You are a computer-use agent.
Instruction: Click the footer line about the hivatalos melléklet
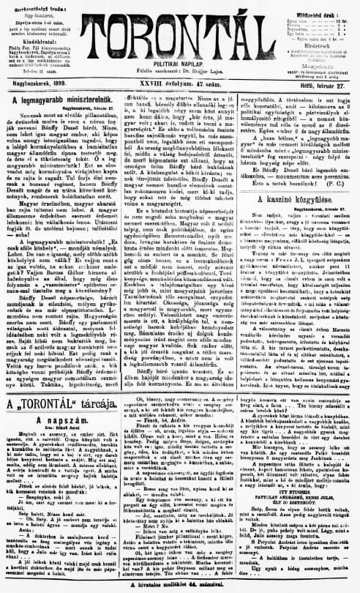[x=181, y=586]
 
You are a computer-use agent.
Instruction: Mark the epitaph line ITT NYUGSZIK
[x=299, y=513]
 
